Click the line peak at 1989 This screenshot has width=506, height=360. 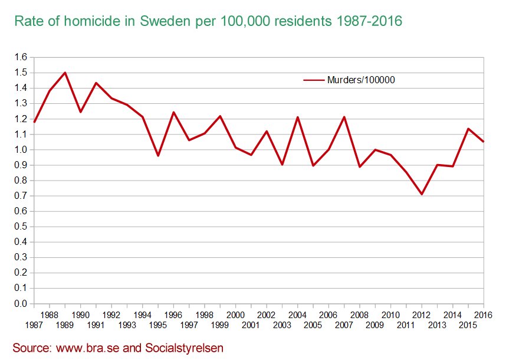65,73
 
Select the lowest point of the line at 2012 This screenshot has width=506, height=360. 422,194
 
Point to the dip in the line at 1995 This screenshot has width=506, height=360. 158,156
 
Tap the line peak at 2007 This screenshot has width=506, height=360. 344,117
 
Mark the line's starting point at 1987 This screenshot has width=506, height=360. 34,122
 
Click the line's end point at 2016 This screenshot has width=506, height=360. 484,142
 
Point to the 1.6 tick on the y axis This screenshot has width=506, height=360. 21,57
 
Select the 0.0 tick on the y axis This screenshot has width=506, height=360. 21,303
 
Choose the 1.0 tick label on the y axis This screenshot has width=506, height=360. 21,149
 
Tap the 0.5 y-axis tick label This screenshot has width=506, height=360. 21,227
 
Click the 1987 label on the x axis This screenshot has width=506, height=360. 34,325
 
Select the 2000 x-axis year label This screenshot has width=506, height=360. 235,315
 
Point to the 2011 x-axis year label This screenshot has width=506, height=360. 406,325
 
